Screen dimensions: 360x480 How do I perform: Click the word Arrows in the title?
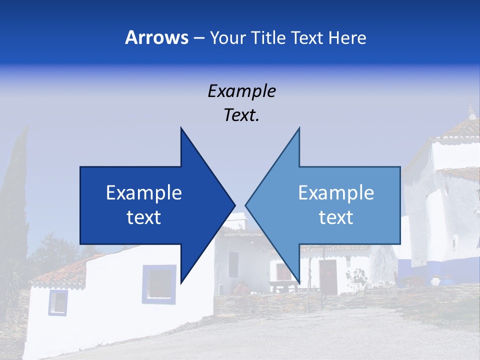(x=157, y=38)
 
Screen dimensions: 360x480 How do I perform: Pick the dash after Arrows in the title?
(x=198, y=38)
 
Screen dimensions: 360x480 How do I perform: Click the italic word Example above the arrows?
(x=241, y=91)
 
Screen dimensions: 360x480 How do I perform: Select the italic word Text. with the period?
(x=241, y=115)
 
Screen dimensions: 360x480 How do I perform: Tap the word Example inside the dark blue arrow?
(x=144, y=193)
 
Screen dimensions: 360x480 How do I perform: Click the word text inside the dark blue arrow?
(x=144, y=217)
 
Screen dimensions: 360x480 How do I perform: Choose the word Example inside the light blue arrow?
(x=336, y=193)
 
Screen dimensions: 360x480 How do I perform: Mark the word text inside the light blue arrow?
(x=336, y=217)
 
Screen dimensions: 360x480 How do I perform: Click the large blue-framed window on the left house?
(x=159, y=284)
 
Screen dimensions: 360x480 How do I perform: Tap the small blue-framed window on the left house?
(x=58, y=302)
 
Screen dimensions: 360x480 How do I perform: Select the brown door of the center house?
(x=328, y=277)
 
